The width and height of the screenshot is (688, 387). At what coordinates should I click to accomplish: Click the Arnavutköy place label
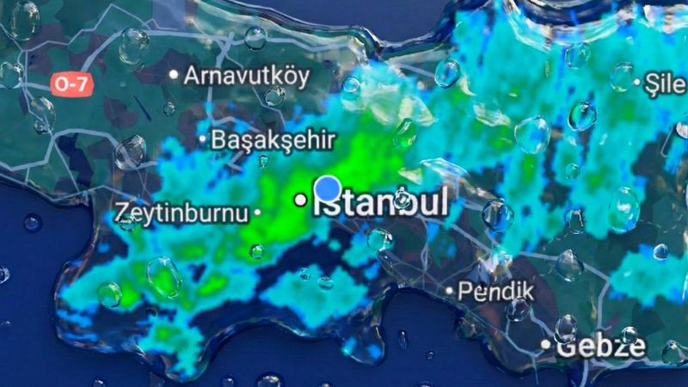(246, 75)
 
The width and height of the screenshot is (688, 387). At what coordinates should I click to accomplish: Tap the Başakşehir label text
(273, 138)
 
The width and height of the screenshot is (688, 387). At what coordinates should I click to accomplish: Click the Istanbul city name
(380, 202)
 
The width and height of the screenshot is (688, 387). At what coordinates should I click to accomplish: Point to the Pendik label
(495, 291)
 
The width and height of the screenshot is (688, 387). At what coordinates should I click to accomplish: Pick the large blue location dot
(328, 189)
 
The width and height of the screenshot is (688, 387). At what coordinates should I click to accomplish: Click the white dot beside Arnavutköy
(174, 75)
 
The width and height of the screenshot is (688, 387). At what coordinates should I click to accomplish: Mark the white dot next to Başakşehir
(203, 138)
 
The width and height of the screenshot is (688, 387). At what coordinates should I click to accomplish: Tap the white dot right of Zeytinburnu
(257, 212)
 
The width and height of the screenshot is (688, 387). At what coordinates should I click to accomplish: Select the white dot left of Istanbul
(300, 200)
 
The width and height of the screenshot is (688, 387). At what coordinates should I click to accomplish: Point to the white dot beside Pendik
(449, 291)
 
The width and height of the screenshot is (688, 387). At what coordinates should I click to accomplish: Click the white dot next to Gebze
(545, 345)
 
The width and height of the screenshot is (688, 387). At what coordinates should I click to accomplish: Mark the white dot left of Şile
(638, 83)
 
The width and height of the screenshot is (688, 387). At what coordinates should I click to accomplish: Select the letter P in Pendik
(464, 291)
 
